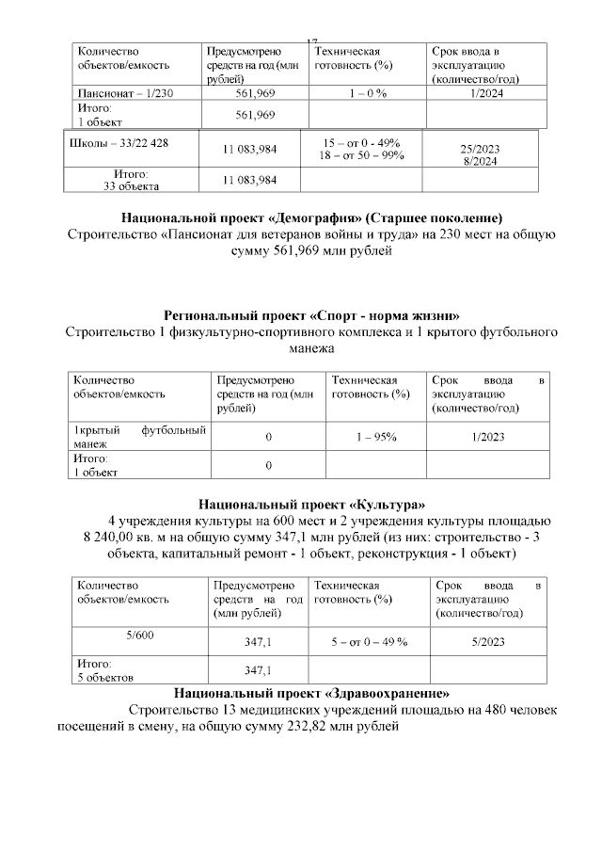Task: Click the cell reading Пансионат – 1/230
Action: point(124,93)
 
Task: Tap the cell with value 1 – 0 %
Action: point(368,93)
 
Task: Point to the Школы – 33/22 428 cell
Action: point(114,143)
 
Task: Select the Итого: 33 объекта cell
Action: point(131,180)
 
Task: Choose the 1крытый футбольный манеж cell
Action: point(139,437)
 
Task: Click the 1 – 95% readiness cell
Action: point(375,438)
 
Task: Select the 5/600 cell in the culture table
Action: point(140,635)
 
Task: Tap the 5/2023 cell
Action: point(488,641)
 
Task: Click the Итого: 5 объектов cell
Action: point(104,669)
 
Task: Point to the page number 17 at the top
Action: point(311,40)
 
